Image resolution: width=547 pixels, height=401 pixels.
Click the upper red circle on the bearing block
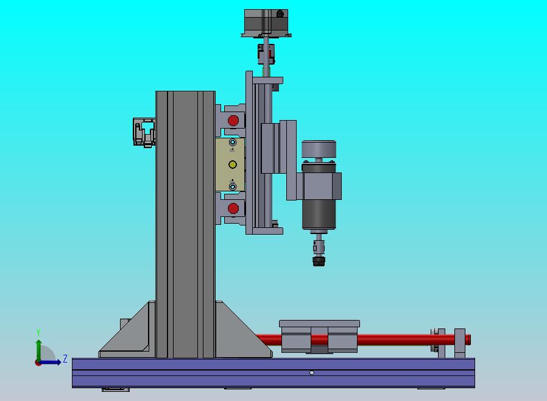pyautogui.click(x=233, y=121)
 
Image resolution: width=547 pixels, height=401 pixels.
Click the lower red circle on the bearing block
pyautogui.click(x=233, y=209)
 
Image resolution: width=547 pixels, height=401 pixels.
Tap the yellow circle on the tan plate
pyautogui.click(x=232, y=165)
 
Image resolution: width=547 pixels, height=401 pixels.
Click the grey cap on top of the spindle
pyautogui.click(x=319, y=149)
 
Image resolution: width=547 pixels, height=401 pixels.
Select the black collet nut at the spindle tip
pyautogui.click(x=318, y=261)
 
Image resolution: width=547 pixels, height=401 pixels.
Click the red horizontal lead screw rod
pyautogui.click(x=396, y=339)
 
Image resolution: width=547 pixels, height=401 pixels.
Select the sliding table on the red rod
pyautogui.click(x=319, y=336)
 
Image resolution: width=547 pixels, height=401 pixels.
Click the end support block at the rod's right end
pyautogui.click(x=460, y=343)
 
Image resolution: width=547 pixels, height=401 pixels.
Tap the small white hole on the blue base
pyautogui.click(x=312, y=373)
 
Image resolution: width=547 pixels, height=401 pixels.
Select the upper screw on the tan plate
pyautogui.click(x=232, y=143)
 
